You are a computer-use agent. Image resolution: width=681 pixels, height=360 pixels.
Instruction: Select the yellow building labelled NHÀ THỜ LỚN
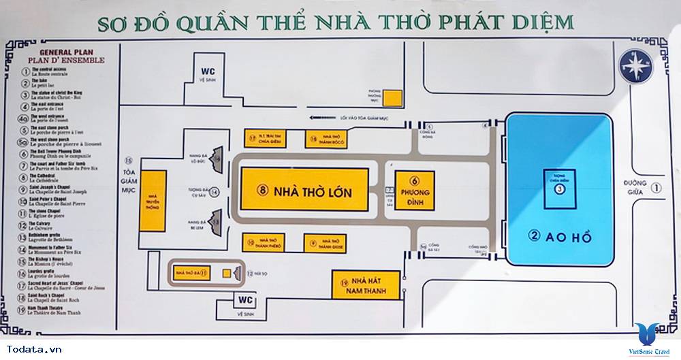(x=304, y=191)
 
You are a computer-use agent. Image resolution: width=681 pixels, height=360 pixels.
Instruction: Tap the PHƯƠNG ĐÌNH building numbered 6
(x=414, y=191)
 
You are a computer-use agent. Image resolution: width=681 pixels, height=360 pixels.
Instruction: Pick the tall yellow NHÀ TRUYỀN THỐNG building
(x=153, y=202)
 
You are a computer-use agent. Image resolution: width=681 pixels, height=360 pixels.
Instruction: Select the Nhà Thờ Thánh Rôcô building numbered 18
(x=326, y=139)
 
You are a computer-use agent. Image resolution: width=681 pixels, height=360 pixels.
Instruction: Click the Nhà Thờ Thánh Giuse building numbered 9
(x=325, y=242)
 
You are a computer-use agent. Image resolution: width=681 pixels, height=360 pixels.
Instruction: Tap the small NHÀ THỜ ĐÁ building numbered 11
(x=191, y=273)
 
